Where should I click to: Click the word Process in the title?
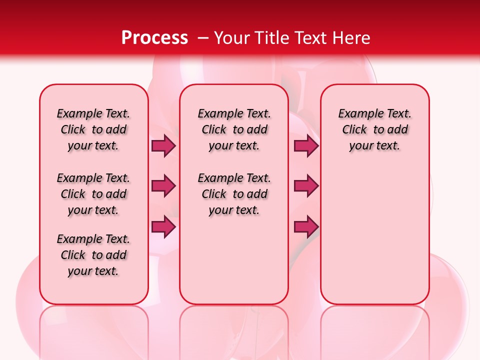click(154, 38)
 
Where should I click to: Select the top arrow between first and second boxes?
click(163, 145)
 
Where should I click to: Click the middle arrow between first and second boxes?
click(163, 186)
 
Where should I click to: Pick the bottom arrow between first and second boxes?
click(163, 226)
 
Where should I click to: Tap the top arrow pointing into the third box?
click(305, 145)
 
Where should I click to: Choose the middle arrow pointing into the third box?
click(305, 186)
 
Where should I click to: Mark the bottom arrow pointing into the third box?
click(305, 226)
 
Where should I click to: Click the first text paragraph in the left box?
click(93, 129)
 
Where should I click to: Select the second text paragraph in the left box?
click(93, 194)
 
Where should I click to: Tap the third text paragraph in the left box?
click(93, 255)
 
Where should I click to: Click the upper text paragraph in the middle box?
click(234, 129)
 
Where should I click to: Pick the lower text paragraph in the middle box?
click(234, 194)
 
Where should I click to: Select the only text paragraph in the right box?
click(375, 129)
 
